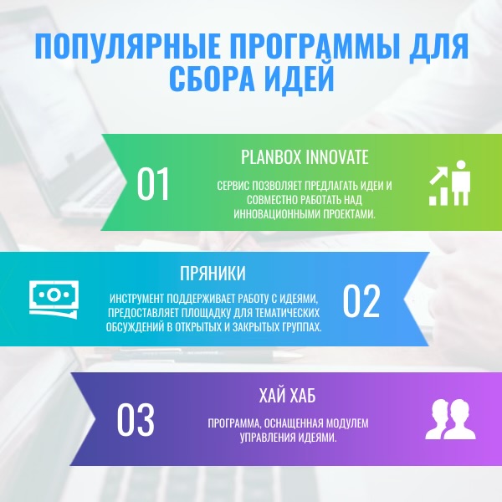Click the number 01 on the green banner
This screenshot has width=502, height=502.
click(153, 184)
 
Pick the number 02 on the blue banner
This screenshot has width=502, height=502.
click(361, 301)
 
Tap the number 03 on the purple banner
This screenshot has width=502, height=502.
click(136, 421)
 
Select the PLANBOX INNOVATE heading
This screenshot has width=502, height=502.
click(305, 157)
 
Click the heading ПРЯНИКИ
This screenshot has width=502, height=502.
click(213, 274)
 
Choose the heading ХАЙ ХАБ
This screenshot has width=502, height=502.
click(288, 396)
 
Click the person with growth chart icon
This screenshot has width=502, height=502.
click(450, 183)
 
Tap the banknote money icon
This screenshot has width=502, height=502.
click(54, 297)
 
